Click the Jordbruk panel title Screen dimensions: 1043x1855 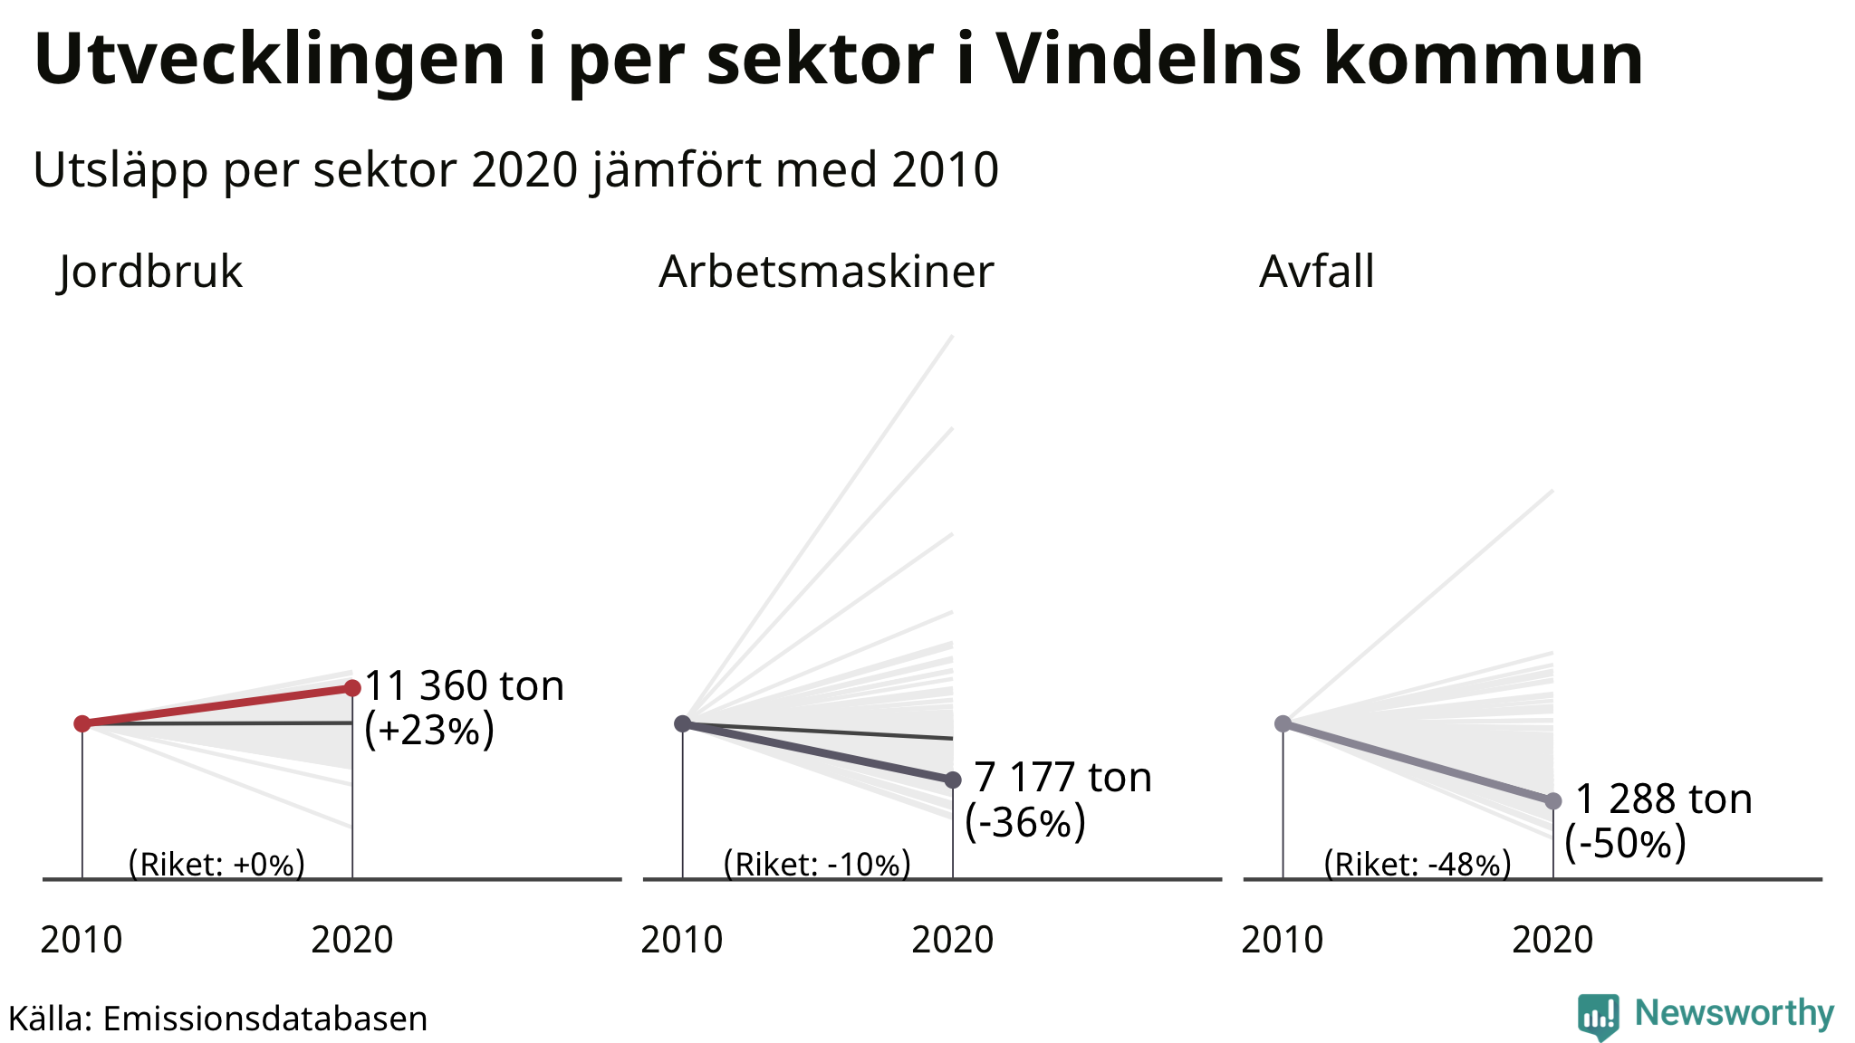[150, 271]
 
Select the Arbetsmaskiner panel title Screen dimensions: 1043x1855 [826, 271]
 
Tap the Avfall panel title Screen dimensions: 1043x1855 [1317, 271]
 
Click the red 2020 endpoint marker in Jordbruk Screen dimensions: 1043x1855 [352, 688]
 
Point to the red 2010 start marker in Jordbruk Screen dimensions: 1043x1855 [82, 722]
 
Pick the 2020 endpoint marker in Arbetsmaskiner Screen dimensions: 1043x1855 [953, 780]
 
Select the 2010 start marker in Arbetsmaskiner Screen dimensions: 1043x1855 [683, 723]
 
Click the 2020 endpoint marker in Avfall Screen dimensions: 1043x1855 [1553, 800]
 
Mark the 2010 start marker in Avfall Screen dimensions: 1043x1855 [1283, 723]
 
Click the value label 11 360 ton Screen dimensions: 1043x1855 [465, 685]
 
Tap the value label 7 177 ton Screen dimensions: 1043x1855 [1062, 777]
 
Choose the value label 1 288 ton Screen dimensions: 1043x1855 [1664, 799]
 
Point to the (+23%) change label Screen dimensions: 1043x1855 [429, 730]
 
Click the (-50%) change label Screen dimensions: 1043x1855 [1626, 843]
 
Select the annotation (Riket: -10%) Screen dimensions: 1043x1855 [817, 864]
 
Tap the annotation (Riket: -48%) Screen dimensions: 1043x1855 [1418, 864]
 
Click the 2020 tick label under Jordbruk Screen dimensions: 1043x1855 [352, 940]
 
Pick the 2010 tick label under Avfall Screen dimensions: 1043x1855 [1283, 940]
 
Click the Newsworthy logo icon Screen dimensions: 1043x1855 [1598, 1016]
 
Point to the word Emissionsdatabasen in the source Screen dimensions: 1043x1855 [264, 1019]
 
